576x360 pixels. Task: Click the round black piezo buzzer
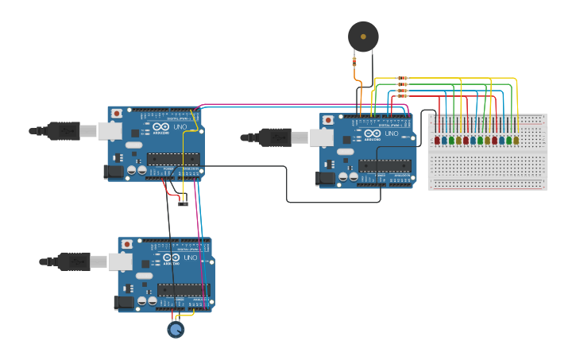tap(363, 37)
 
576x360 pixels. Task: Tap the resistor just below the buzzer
tap(354, 64)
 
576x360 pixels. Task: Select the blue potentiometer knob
tap(176, 329)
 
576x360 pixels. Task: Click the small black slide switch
tap(183, 203)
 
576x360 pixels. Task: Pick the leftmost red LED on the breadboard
tap(437, 141)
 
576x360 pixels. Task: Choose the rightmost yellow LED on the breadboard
tap(516, 141)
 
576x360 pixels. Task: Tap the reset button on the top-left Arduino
tap(117, 114)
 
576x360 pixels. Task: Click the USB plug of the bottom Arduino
tap(76, 261)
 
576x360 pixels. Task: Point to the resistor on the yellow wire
tap(402, 79)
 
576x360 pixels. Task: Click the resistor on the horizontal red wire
tap(402, 96)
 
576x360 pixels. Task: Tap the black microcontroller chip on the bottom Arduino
tap(183, 289)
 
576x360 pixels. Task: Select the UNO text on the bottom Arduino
tap(191, 257)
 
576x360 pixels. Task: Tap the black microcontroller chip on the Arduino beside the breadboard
tap(385, 165)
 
